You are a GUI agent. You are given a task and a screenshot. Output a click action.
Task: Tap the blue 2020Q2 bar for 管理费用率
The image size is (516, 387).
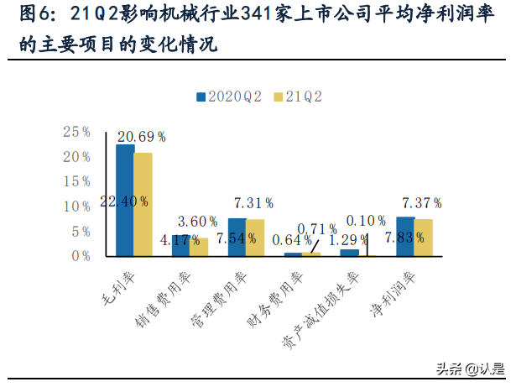(x=237, y=237)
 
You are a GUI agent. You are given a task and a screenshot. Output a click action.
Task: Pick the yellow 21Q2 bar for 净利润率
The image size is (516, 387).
(x=425, y=238)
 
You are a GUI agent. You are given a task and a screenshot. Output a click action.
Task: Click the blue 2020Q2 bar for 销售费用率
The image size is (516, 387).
(x=181, y=245)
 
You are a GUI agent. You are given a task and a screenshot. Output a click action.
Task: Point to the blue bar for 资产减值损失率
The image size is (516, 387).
(x=350, y=253)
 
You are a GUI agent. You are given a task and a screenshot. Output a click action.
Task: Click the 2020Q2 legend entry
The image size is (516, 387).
(x=229, y=97)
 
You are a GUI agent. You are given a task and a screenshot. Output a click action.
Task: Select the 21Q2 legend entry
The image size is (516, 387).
(x=298, y=97)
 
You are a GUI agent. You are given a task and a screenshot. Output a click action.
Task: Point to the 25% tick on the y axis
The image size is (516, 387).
(x=77, y=132)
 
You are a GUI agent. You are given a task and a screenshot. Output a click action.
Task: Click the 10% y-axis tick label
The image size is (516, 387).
(x=77, y=207)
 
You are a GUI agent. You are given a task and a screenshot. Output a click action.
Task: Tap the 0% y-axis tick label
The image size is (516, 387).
(x=81, y=256)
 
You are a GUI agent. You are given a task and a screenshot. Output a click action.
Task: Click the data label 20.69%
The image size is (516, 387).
(x=141, y=136)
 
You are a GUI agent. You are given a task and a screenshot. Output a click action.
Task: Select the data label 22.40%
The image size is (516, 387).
(x=124, y=201)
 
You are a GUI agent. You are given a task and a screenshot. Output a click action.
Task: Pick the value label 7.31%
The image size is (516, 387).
(x=253, y=203)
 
